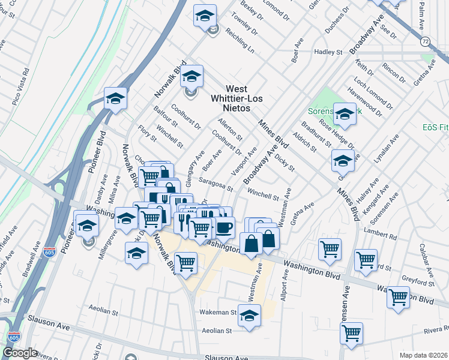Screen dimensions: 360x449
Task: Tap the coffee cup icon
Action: click(x=225, y=229)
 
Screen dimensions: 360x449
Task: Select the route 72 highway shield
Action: click(x=425, y=41)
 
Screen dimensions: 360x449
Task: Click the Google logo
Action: click(x=20, y=353)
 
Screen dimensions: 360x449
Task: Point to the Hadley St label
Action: click(x=332, y=52)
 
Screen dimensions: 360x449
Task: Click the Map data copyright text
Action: click(x=423, y=355)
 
